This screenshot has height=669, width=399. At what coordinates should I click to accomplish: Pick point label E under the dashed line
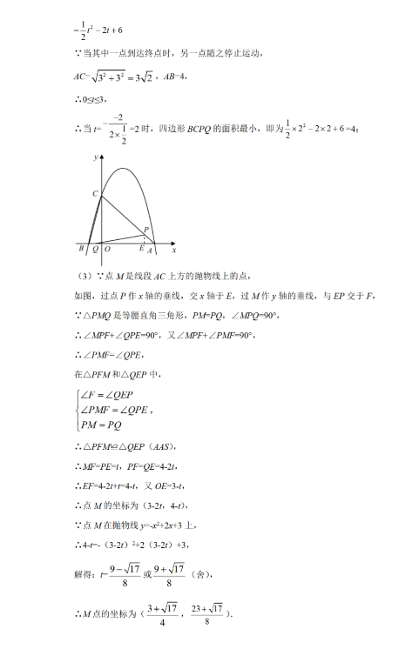point(142,250)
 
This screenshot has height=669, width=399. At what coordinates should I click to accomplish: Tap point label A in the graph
point(152,251)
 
